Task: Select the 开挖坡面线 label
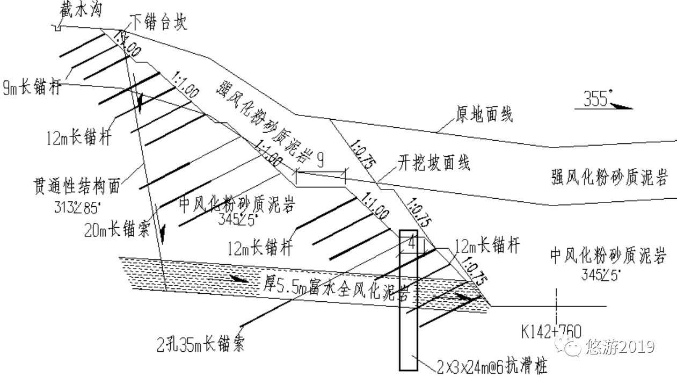click(x=434, y=163)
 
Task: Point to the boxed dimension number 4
click(x=412, y=243)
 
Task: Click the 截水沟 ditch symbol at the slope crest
click(x=55, y=26)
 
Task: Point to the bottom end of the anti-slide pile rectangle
click(x=408, y=369)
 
